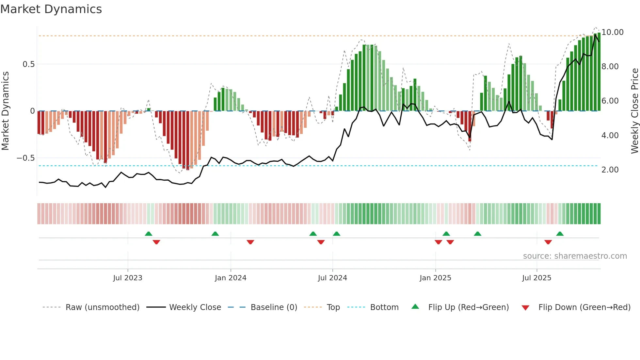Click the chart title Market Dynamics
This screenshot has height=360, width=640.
(51, 9)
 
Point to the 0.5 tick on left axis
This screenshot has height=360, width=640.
(28, 64)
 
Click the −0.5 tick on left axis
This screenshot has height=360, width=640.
(26, 158)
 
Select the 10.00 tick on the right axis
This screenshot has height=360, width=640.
(613, 32)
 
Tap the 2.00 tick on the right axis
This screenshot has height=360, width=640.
(610, 170)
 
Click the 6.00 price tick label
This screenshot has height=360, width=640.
(610, 101)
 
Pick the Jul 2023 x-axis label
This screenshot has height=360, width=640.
(128, 278)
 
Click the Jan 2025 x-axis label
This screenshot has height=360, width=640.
(435, 278)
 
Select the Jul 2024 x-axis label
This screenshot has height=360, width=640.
(332, 278)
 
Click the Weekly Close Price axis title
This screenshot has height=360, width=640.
(634, 111)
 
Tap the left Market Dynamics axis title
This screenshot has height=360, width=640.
(5, 111)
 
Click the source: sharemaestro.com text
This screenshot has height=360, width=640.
(575, 256)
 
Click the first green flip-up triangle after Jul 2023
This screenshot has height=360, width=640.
(149, 234)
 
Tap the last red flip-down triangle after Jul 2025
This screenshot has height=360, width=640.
(548, 242)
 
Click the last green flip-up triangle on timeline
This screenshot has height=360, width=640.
(560, 234)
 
